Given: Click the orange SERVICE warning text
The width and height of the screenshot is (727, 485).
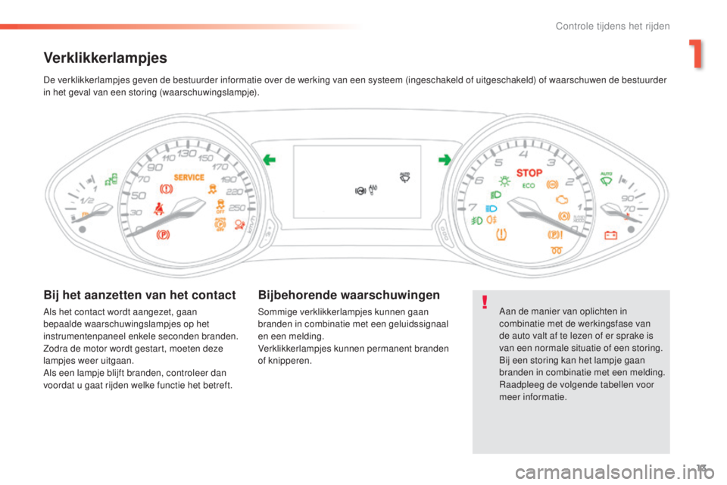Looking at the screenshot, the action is point(189,177).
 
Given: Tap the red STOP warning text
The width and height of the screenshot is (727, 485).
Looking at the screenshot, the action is point(529,173).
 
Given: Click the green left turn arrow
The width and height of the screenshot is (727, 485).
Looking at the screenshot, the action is point(270,160).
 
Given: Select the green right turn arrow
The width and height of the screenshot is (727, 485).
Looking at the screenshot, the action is point(445,160).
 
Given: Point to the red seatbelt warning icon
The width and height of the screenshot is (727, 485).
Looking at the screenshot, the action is point(158,209).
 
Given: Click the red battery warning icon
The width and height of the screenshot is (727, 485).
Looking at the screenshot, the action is point(610,236).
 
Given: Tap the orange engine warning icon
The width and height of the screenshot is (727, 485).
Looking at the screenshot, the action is point(562,199).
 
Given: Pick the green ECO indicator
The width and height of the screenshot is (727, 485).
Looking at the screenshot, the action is point(529,186).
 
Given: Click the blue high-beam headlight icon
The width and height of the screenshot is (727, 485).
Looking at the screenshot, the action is point(491,209).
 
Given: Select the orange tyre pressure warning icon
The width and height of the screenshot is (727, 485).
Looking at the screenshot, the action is point(501,234).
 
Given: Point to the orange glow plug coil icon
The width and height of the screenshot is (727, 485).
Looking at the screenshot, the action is point(557,251).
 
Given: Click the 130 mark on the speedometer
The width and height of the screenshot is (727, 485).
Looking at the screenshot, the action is point(186,153).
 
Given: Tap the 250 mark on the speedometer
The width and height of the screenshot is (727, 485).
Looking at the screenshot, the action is point(237,208).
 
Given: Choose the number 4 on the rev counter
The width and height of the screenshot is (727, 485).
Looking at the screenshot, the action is point(523,155).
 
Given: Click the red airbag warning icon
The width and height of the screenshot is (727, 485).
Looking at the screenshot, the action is point(239,225).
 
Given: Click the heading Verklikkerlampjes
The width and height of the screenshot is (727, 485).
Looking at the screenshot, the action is point(105,58).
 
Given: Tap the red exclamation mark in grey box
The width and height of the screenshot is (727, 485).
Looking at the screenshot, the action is point(485,302).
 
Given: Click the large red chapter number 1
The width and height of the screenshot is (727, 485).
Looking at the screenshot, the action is point(695,54).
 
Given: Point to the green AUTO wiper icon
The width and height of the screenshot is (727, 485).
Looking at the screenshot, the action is point(606,179).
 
